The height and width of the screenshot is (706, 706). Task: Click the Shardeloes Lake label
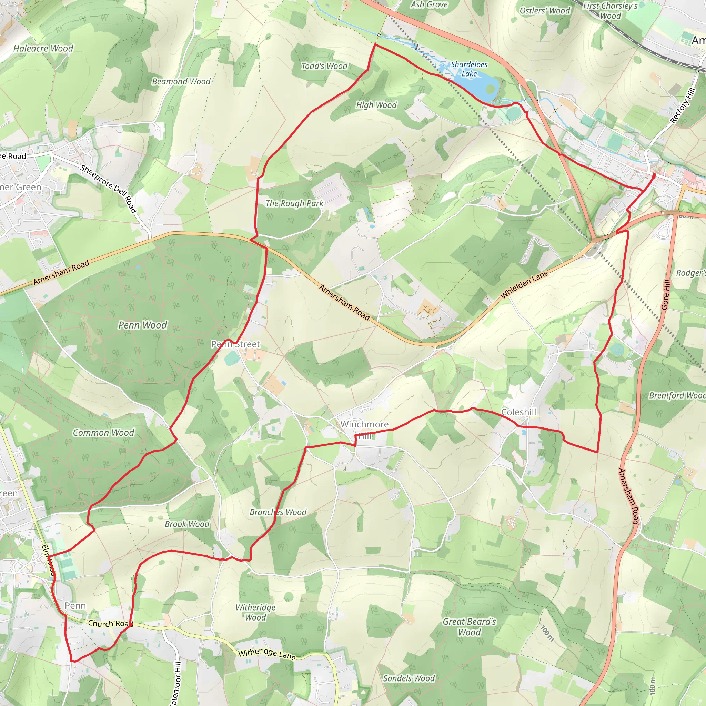coord(469,69)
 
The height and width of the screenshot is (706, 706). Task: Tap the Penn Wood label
coord(142,325)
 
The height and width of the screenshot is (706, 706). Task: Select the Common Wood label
coord(103,433)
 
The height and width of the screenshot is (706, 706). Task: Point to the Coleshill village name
coord(518,412)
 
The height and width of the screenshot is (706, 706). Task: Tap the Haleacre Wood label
coord(43,48)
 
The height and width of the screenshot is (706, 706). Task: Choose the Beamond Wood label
coord(181,81)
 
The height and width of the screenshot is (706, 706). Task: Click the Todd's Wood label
coord(324,66)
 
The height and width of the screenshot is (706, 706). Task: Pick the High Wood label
coord(376,105)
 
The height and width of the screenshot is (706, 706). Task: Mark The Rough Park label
coord(294,203)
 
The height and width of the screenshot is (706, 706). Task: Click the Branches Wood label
coord(278,512)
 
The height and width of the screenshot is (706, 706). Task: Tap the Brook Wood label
coord(187,524)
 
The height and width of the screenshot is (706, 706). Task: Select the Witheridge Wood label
coord(255,613)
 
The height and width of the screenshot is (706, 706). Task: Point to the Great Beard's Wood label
coord(469,627)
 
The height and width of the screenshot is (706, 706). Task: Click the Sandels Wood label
coord(409,678)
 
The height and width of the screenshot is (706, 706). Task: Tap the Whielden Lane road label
coord(524,285)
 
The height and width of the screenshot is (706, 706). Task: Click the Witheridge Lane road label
coord(267,653)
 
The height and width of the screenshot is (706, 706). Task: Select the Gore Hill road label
coord(666,295)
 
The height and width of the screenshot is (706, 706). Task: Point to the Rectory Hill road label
coord(683,105)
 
